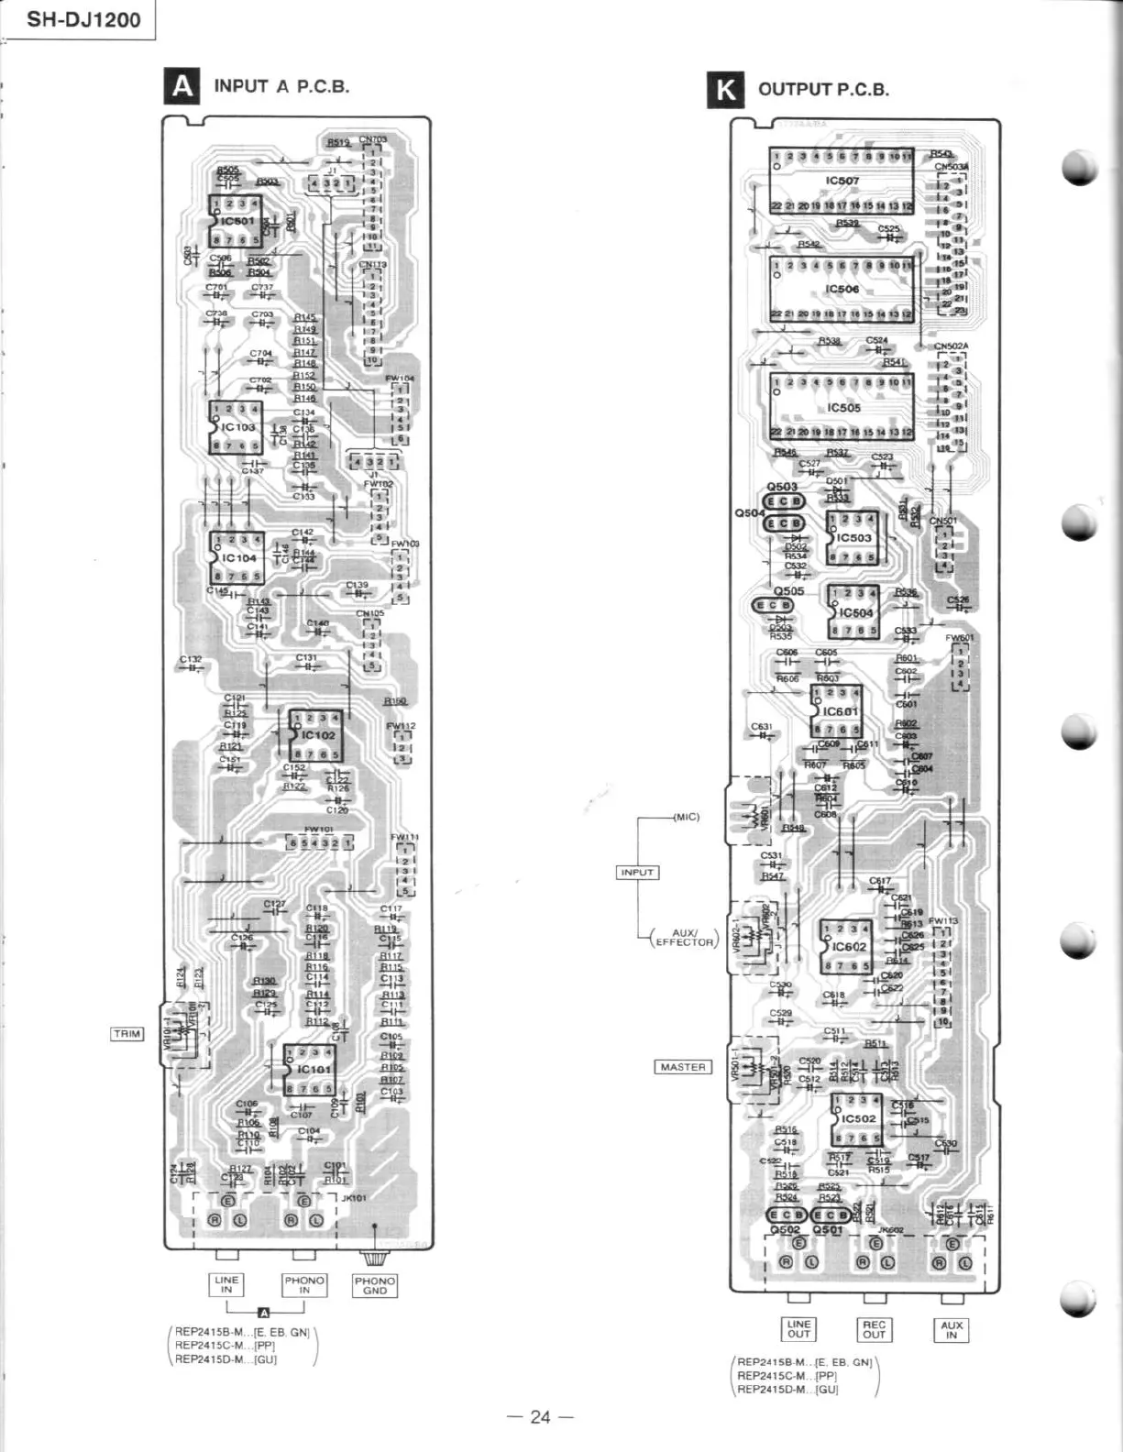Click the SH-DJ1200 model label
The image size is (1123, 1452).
83,19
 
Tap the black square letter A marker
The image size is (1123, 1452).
182,86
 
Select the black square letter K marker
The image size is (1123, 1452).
725,90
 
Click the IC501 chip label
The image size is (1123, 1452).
237,221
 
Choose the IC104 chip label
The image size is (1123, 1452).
237,557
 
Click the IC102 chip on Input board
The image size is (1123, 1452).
317,735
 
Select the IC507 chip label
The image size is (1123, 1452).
842,181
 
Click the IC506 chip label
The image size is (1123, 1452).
842,289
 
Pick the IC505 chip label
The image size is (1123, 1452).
842,407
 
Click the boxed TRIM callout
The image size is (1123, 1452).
127,1034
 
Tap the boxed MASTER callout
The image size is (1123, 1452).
683,1067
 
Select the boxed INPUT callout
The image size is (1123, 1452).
637,872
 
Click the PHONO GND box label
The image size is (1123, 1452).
375,1285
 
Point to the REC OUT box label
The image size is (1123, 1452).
874,1329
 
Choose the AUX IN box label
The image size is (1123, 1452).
952,1330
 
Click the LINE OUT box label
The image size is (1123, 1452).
798,1329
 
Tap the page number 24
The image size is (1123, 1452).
540,1417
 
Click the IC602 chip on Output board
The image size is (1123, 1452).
846,947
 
